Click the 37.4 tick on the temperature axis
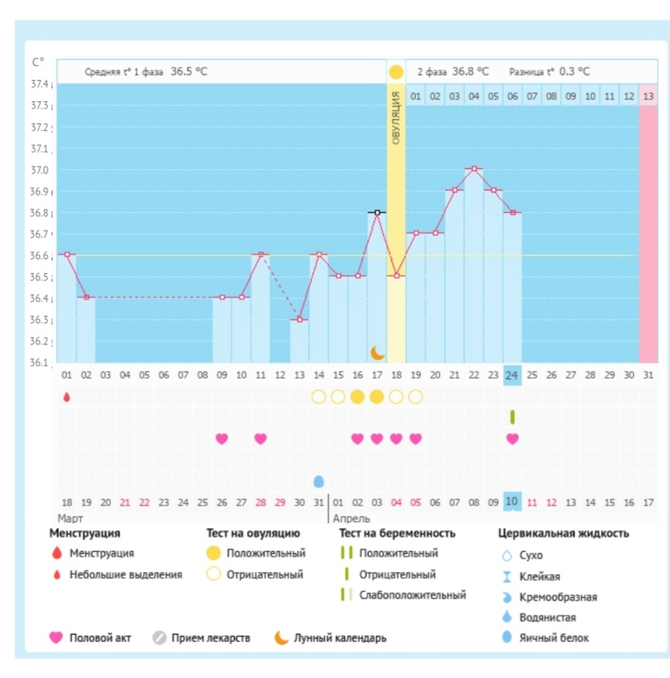(x=40, y=85)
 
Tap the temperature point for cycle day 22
(x=474, y=168)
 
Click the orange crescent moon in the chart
(x=377, y=352)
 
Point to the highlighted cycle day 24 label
(x=512, y=375)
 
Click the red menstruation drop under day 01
(x=67, y=397)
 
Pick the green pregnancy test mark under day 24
(x=512, y=416)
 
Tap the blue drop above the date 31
(x=319, y=481)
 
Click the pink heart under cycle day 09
(x=222, y=438)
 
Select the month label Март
(x=70, y=519)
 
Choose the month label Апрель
(x=351, y=519)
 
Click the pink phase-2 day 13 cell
(x=648, y=95)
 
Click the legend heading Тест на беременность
(x=397, y=533)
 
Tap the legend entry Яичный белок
(x=556, y=637)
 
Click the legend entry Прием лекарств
(x=212, y=637)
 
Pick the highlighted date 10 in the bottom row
(x=512, y=501)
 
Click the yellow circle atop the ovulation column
(x=396, y=71)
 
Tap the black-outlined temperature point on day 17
(x=377, y=212)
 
